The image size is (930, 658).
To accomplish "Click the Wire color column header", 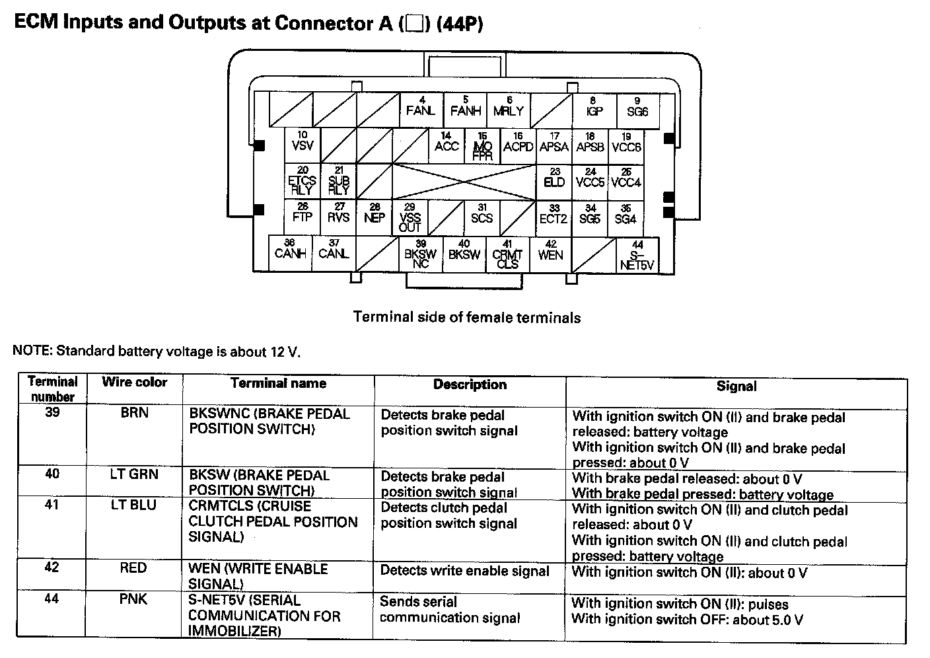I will pos(134,383).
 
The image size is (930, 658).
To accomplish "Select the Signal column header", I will pos(736,386).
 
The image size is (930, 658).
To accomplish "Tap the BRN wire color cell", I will pos(134,414).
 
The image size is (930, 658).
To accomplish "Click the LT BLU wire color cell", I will pos(134,505).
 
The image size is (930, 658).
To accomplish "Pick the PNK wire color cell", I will pos(134,600).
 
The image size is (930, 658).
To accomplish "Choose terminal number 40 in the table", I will pos(52,474).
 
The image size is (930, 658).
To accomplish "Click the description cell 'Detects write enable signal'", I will pos(464,571).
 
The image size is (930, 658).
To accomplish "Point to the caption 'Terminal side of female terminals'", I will pos(467,318).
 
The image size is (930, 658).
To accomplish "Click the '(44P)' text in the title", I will pos(458,24).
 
